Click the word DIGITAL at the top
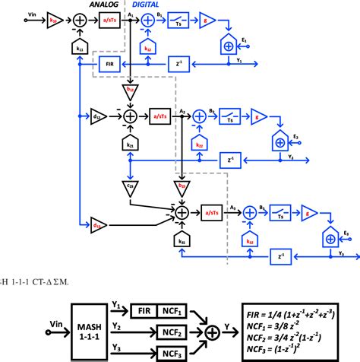tap(149, 5)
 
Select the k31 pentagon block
tap(182, 240)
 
